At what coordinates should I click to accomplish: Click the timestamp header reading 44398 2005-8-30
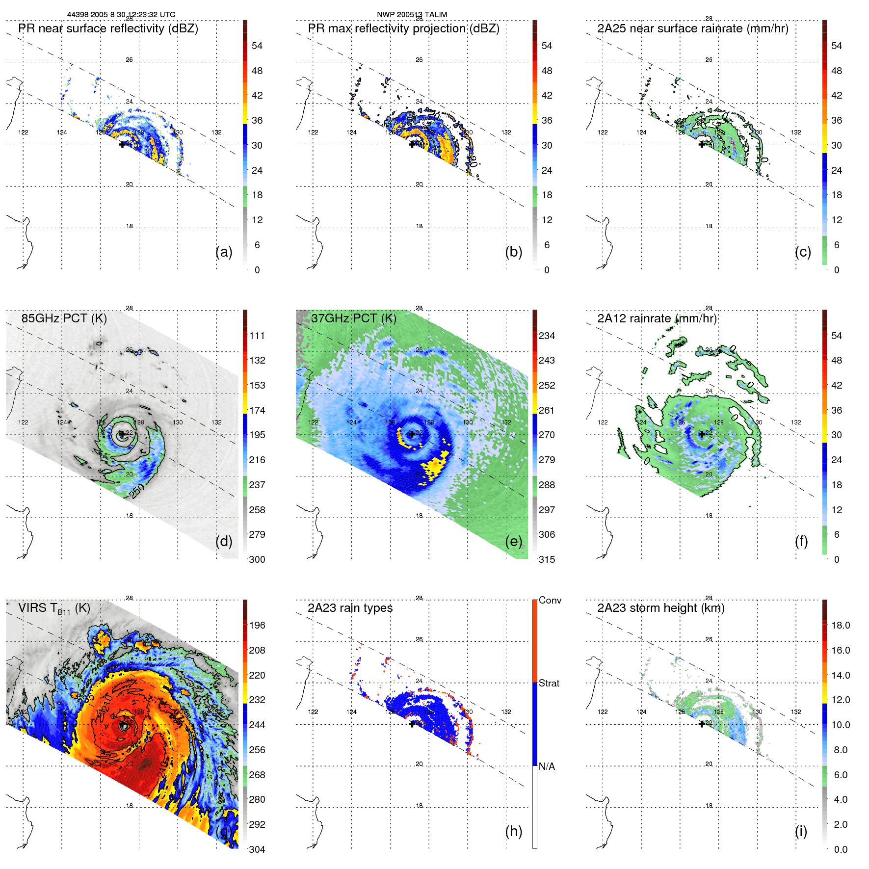point(121,15)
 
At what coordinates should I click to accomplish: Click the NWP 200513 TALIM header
point(412,15)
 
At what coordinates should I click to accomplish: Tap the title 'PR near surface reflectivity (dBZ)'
point(108,28)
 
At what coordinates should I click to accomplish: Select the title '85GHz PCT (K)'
point(64,318)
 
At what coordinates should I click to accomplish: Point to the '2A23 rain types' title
point(350,608)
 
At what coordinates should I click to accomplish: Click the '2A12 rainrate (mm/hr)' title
point(657,318)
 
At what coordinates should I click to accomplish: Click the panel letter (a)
point(224,252)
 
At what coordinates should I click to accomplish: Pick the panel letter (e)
point(513,541)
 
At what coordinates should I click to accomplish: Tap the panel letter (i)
point(801,831)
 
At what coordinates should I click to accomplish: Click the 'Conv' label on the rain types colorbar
point(550,600)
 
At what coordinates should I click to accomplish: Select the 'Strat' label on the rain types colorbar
point(549,683)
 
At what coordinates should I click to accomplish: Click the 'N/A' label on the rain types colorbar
point(547,766)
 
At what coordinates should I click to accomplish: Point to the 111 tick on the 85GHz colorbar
point(257,336)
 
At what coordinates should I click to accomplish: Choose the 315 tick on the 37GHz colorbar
point(547,559)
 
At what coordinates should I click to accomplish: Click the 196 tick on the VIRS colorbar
point(257,625)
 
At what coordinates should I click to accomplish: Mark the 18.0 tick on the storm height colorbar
point(840,625)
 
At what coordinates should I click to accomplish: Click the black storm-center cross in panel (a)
point(122,144)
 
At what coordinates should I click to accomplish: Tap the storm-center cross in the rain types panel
point(412,724)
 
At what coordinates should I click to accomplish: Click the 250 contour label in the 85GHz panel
point(137,491)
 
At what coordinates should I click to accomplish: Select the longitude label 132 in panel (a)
point(216,132)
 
